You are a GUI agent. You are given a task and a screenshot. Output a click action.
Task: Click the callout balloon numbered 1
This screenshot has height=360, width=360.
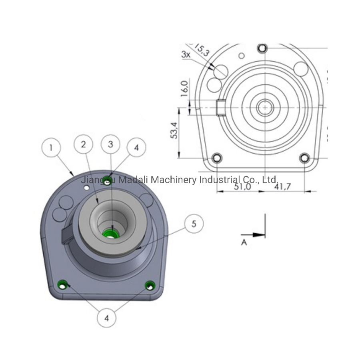coord(51,148)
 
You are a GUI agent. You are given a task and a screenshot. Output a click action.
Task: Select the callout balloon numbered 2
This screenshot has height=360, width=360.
coord(83,144)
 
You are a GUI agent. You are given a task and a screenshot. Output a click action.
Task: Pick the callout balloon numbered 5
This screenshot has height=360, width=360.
coord(194,224)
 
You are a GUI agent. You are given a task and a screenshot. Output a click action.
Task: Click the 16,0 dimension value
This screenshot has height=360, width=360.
coord(184,89)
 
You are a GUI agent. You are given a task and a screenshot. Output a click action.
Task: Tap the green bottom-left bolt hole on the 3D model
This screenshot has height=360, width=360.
coord(62,284)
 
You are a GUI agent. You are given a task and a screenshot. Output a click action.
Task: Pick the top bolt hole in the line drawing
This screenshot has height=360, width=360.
coord(262,48)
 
